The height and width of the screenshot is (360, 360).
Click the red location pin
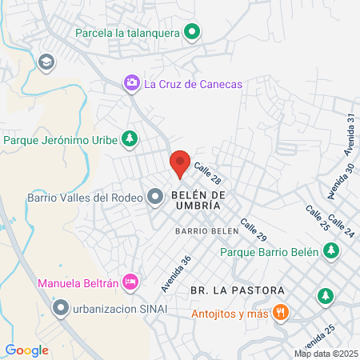180,163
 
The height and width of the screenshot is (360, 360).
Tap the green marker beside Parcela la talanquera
191,33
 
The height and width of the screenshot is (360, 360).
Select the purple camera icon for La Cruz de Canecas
130,82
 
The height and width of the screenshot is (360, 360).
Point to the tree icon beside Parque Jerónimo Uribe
128,139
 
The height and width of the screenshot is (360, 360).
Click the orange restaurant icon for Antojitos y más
279,312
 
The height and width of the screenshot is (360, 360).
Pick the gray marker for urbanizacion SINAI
60,307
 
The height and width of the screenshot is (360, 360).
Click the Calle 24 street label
343,229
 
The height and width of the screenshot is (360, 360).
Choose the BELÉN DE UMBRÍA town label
193,199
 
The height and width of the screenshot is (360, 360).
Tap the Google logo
26,350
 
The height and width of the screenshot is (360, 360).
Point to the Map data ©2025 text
326,354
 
